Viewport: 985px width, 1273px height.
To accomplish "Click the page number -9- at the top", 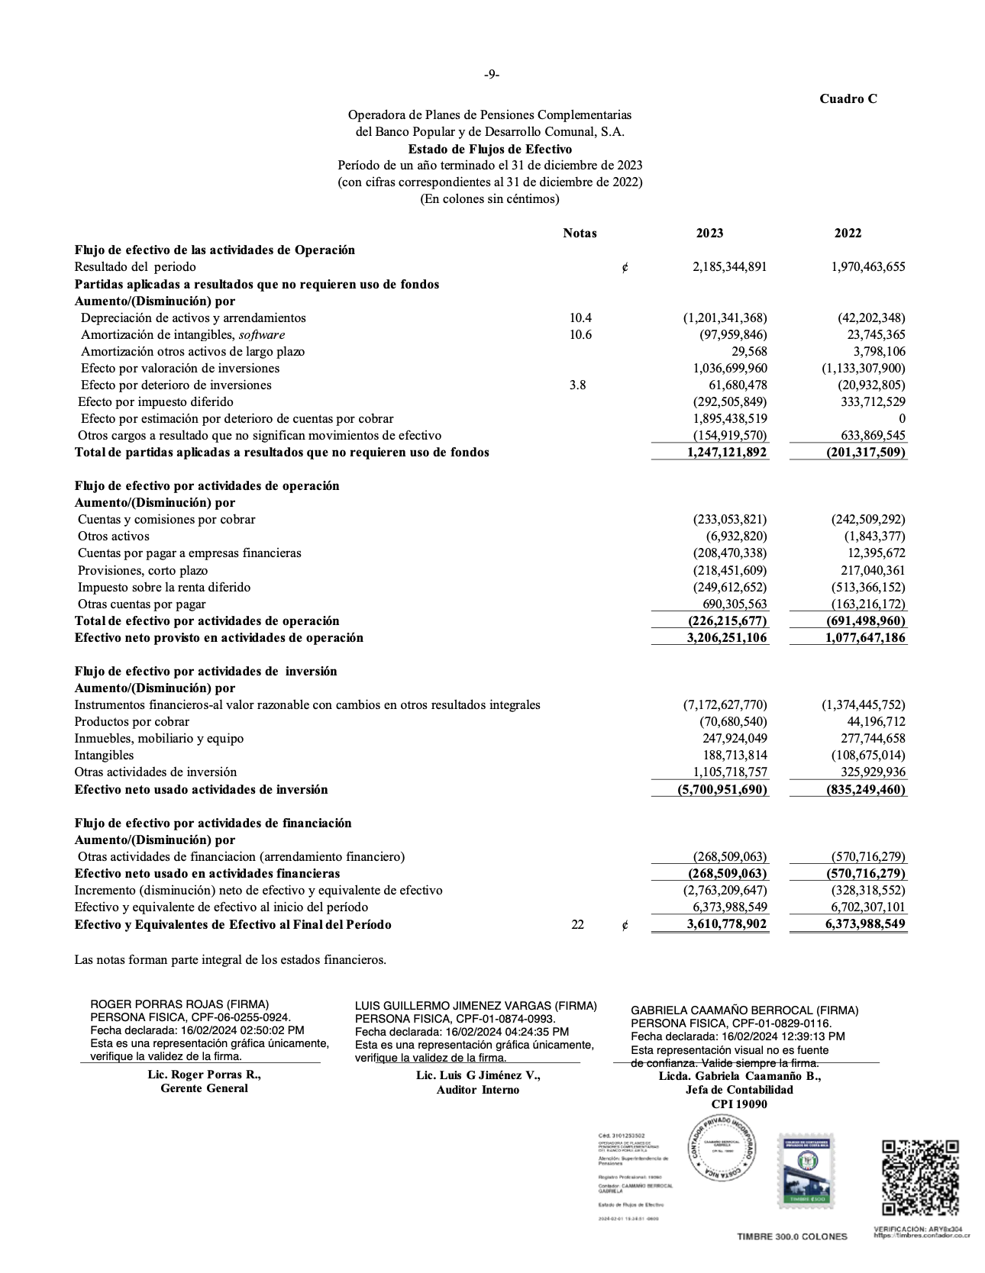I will (492, 74).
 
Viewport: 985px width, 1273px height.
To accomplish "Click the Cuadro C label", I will (848, 99).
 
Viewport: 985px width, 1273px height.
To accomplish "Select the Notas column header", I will (580, 234).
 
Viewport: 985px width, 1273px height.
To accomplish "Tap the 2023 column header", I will (709, 234).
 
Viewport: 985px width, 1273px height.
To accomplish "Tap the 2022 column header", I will (848, 234).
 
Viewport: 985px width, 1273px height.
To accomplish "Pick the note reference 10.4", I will (580, 317).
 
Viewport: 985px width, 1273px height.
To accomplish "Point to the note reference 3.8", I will (577, 385).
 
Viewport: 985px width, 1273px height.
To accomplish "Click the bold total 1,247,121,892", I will (727, 453).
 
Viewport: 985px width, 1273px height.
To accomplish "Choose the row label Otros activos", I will (114, 537).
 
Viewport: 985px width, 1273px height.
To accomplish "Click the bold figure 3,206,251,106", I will (727, 638).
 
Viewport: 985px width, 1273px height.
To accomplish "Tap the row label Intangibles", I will (104, 756).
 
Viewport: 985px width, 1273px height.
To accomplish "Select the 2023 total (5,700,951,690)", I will (722, 790).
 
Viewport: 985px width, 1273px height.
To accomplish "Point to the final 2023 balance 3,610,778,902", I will (727, 925).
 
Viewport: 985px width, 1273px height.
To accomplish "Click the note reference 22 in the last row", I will (577, 925).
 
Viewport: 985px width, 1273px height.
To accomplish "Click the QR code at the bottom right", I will (920, 1177).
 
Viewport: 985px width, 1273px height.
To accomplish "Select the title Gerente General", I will (204, 1088).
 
